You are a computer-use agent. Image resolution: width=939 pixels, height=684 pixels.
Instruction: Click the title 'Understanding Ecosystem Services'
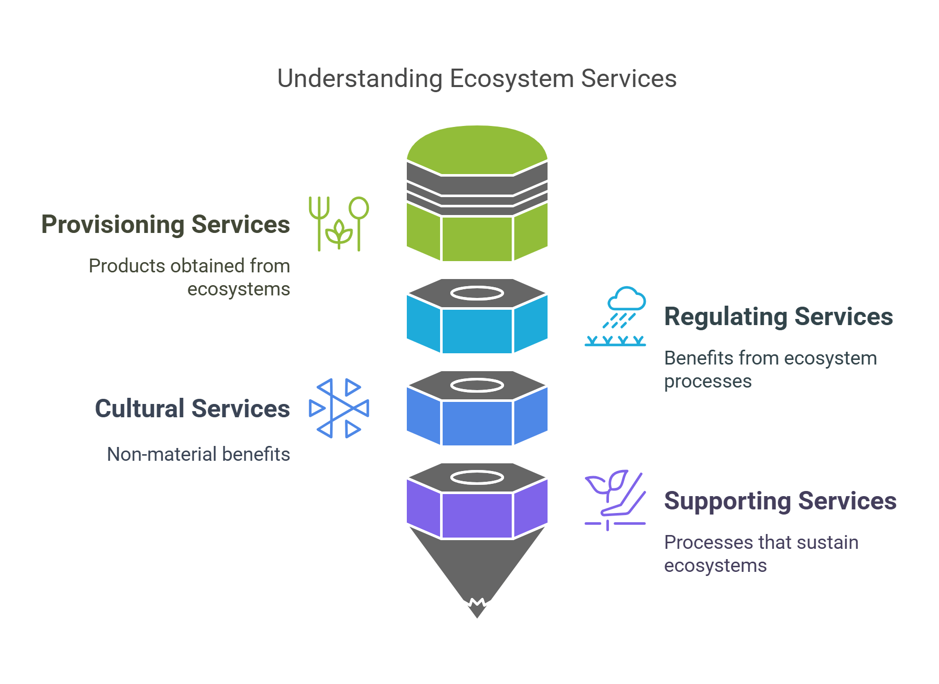pos(476,79)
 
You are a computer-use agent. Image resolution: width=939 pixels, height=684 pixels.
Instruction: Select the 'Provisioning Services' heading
pos(165,224)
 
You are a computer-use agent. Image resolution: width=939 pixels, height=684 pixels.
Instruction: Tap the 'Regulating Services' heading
pos(778,316)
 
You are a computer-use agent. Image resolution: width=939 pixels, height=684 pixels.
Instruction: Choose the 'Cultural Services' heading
pos(192,409)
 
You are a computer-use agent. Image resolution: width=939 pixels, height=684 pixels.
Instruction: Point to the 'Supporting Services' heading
pos(780,501)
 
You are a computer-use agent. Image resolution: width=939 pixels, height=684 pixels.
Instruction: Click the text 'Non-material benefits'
pos(198,454)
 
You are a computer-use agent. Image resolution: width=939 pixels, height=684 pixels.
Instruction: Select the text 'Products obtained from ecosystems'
pos(189,277)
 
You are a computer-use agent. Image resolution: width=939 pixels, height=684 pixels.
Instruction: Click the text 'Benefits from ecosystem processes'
pos(770,369)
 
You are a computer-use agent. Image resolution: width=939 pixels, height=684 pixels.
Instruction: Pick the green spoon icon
pos(359,220)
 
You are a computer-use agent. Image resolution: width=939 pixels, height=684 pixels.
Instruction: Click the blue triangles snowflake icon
pos(338,408)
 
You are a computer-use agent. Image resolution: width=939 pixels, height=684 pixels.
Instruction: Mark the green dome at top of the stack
pos(477,148)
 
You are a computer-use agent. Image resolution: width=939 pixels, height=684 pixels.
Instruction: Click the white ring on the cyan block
pos(477,293)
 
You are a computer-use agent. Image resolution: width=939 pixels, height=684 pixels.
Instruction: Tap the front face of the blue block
pos(477,423)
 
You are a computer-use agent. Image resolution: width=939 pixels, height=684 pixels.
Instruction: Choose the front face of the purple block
pos(477,515)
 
